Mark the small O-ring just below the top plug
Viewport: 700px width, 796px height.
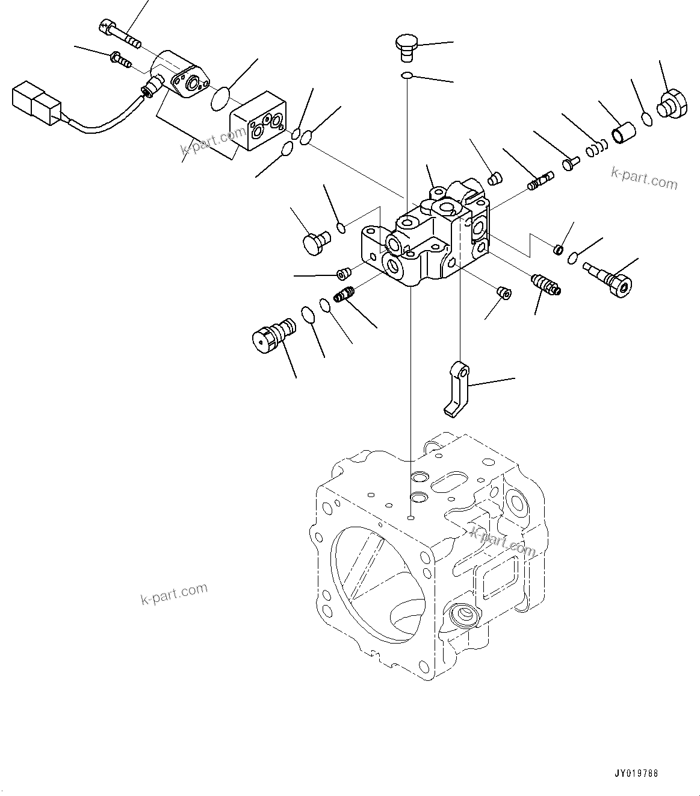407,76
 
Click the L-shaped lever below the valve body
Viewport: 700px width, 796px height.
457,388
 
